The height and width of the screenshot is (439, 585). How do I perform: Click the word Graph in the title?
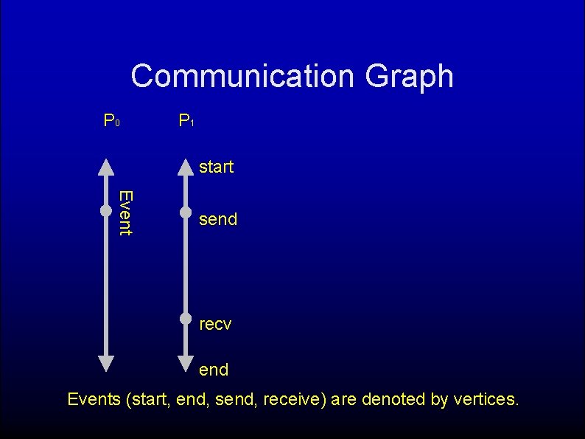point(410,76)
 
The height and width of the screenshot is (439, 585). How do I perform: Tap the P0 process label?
point(112,120)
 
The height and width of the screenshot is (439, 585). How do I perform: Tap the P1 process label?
point(186,120)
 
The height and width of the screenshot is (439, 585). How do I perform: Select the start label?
point(216,167)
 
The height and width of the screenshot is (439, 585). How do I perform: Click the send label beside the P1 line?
point(218,219)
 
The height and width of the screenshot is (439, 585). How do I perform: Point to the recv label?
point(215,324)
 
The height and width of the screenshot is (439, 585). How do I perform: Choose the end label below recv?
point(214,370)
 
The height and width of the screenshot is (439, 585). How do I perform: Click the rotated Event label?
point(125,212)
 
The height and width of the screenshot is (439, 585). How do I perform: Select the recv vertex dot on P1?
point(186,319)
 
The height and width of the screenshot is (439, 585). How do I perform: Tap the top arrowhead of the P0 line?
point(106,167)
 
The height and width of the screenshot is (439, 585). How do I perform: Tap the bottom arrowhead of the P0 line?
point(106,362)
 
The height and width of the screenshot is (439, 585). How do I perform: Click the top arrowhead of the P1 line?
point(186,167)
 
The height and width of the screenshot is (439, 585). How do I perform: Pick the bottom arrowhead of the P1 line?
point(186,362)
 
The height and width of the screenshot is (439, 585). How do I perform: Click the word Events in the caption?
point(94,400)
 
